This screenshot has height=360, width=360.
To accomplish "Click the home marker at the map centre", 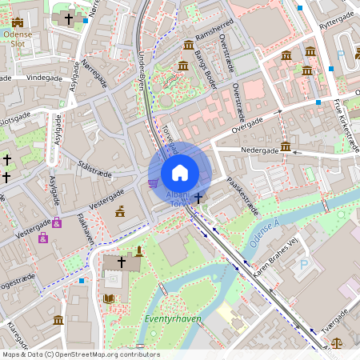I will tap(180, 172).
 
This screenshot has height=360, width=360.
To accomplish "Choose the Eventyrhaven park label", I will tap(174, 318).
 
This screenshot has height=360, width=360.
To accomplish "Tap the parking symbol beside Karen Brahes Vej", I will tap(303, 264).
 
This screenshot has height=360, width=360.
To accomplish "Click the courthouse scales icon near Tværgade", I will tap(335, 342).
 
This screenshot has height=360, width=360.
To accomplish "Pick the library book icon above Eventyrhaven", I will tap(109, 299).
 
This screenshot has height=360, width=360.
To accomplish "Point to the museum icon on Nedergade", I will tap(286, 146).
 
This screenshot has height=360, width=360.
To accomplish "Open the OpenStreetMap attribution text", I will tap(80, 354).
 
